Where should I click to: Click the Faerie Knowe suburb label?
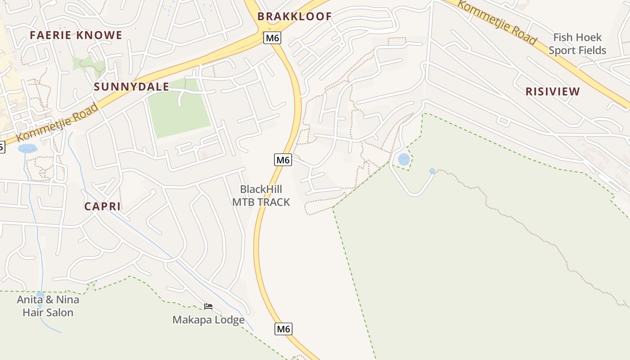click(76, 35)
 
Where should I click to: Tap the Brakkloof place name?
click(294, 17)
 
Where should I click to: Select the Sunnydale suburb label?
click(131, 87)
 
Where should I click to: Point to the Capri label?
click(103, 207)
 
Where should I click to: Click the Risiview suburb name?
click(553, 92)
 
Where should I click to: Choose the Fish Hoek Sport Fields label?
click(577, 44)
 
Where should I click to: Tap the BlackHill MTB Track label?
click(261, 196)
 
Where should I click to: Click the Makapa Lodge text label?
click(208, 320)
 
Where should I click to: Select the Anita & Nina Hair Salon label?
click(48, 306)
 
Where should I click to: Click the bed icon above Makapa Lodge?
click(208, 306)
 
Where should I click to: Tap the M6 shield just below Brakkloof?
click(272, 38)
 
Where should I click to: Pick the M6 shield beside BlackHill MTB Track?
click(283, 159)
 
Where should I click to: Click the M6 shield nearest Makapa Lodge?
click(283, 329)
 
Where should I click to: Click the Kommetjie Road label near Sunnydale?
click(57, 123)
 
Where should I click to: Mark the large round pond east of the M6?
click(404, 159)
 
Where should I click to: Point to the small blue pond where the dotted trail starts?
click(432, 171)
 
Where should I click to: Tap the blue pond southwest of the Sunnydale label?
click(28, 148)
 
